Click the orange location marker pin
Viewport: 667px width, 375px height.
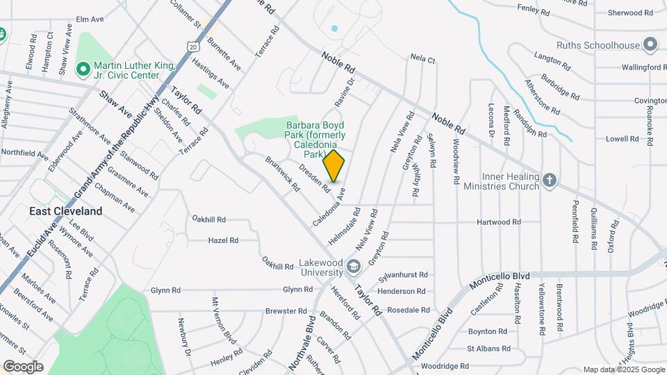point(334,165)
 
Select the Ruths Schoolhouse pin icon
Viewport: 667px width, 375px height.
point(651,45)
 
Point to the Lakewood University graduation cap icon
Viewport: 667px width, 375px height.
point(354,266)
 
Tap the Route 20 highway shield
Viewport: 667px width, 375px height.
point(192,46)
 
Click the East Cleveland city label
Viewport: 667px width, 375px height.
point(65,211)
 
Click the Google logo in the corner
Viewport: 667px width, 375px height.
point(23,366)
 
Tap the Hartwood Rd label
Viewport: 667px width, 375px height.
point(498,222)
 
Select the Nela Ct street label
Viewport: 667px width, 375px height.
point(422,59)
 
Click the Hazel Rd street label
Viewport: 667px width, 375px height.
point(223,240)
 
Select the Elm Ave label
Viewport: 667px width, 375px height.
point(89,19)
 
